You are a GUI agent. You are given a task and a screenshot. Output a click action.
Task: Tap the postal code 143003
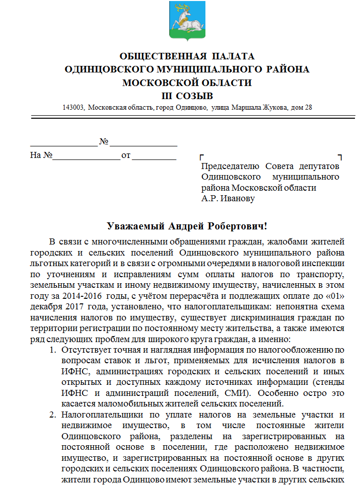tap(73, 108)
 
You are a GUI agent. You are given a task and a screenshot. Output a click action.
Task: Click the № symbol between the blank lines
tap(104, 142)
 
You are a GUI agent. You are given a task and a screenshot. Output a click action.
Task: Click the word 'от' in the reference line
tap(125, 155)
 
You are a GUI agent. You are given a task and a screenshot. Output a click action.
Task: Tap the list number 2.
tap(52, 415)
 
